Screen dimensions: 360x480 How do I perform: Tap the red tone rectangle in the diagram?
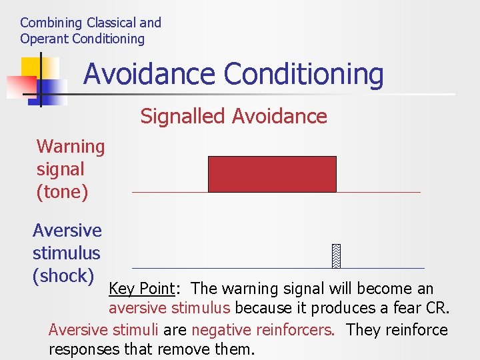(x=272, y=174)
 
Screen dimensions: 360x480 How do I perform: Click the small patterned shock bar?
(x=337, y=256)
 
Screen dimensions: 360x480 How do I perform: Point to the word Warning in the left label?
(x=71, y=147)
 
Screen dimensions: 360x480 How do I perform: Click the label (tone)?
(x=62, y=192)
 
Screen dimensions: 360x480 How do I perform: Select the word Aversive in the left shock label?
(x=67, y=231)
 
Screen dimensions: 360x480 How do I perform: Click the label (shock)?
(x=63, y=276)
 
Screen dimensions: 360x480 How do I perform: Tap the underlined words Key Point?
(x=141, y=289)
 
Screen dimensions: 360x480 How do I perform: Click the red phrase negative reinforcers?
(x=263, y=330)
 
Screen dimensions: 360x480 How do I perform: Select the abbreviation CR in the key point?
(x=439, y=309)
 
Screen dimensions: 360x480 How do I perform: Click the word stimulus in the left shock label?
(x=66, y=253)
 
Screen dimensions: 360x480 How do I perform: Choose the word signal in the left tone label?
(x=60, y=169)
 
